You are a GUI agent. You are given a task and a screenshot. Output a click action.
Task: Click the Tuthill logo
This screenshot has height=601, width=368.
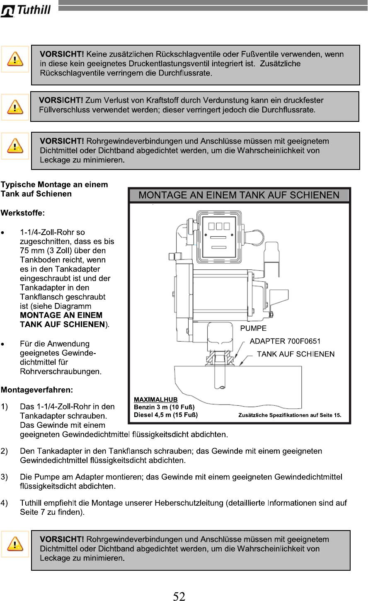click(26, 10)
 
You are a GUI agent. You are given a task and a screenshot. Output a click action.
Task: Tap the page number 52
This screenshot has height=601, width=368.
click(179, 596)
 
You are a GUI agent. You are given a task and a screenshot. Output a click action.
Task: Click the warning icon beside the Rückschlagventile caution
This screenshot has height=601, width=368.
click(15, 59)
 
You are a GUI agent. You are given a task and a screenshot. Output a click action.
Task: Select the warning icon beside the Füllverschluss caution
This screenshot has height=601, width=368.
click(15, 107)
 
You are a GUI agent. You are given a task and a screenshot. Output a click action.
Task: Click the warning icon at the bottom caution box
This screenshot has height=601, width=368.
click(15, 544)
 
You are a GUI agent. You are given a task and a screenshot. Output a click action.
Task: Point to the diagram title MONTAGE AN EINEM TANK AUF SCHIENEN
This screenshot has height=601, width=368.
click(239, 195)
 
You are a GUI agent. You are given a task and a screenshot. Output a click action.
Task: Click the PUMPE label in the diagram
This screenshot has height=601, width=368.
click(254, 328)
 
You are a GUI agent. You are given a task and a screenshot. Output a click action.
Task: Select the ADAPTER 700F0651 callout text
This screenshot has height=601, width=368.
click(285, 341)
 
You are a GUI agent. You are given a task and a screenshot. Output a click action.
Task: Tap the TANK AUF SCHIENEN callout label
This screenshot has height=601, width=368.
click(295, 354)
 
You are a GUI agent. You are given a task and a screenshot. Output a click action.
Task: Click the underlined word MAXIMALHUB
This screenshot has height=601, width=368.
click(155, 400)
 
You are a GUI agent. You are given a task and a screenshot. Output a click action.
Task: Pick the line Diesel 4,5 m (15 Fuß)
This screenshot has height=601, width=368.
click(165, 414)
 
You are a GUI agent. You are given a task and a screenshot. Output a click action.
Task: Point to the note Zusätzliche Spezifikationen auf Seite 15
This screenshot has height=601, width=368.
click(289, 415)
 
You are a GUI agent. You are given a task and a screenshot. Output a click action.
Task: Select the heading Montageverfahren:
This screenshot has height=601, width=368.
click(37, 390)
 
